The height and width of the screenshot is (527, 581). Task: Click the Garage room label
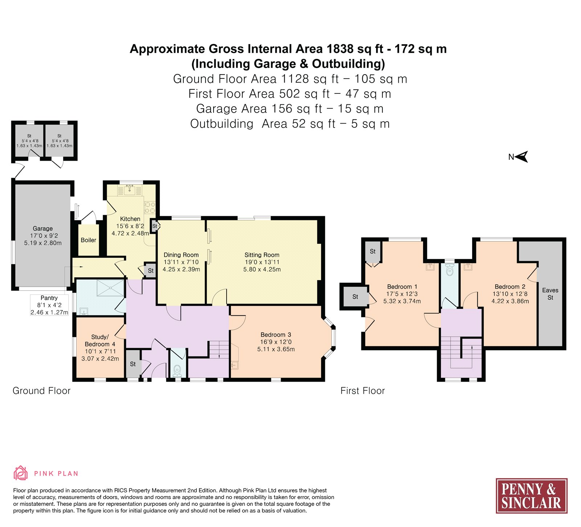pyautogui.click(x=43, y=229)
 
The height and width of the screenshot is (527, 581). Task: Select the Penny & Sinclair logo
pyautogui.click(x=531, y=496)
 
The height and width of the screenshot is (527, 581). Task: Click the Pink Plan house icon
pyautogui.click(x=20, y=473)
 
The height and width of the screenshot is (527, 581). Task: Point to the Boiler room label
pyautogui.click(x=88, y=240)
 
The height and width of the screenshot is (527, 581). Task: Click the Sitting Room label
pyautogui.click(x=262, y=255)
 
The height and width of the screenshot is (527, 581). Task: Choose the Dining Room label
pyautogui.click(x=181, y=255)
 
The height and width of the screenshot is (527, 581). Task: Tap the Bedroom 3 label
pyautogui.click(x=276, y=335)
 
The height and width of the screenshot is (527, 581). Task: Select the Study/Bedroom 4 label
pyautogui.click(x=100, y=341)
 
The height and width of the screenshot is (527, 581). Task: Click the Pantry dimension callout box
pyautogui.click(x=49, y=305)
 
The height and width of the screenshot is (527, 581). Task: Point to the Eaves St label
pyautogui.click(x=550, y=294)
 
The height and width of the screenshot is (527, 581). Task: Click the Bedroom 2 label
pyautogui.click(x=510, y=287)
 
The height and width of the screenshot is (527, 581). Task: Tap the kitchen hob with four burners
pyautogui.click(x=150, y=208)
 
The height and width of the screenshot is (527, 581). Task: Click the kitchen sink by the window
pyautogui.click(x=129, y=190)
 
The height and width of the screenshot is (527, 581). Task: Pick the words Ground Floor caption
pyautogui.click(x=41, y=391)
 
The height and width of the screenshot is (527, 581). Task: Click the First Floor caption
pyautogui.click(x=362, y=391)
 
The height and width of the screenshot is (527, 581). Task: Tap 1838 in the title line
pyautogui.click(x=340, y=49)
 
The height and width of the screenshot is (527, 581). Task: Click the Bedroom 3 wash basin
pyautogui.click(x=235, y=364)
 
